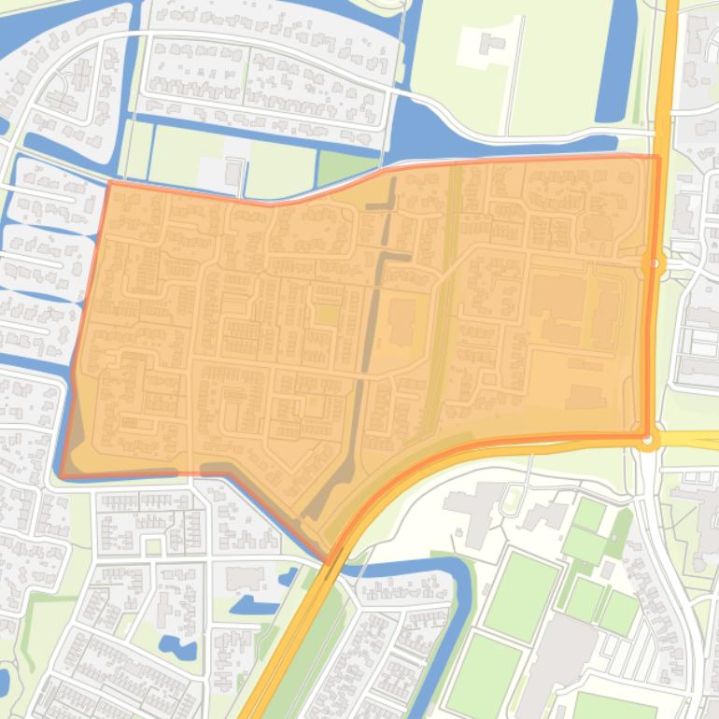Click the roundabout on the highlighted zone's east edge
(655, 264)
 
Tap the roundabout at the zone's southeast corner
(648, 437)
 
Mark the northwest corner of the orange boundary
(110, 182)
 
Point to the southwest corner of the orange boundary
(62, 475)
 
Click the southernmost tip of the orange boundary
(328, 560)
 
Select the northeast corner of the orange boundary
(658, 157)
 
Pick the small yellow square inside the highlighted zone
(327, 315)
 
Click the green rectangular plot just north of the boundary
(347, 168)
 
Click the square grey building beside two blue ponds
(245, 578)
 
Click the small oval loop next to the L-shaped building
(511, 501)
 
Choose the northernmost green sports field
(589, 514)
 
